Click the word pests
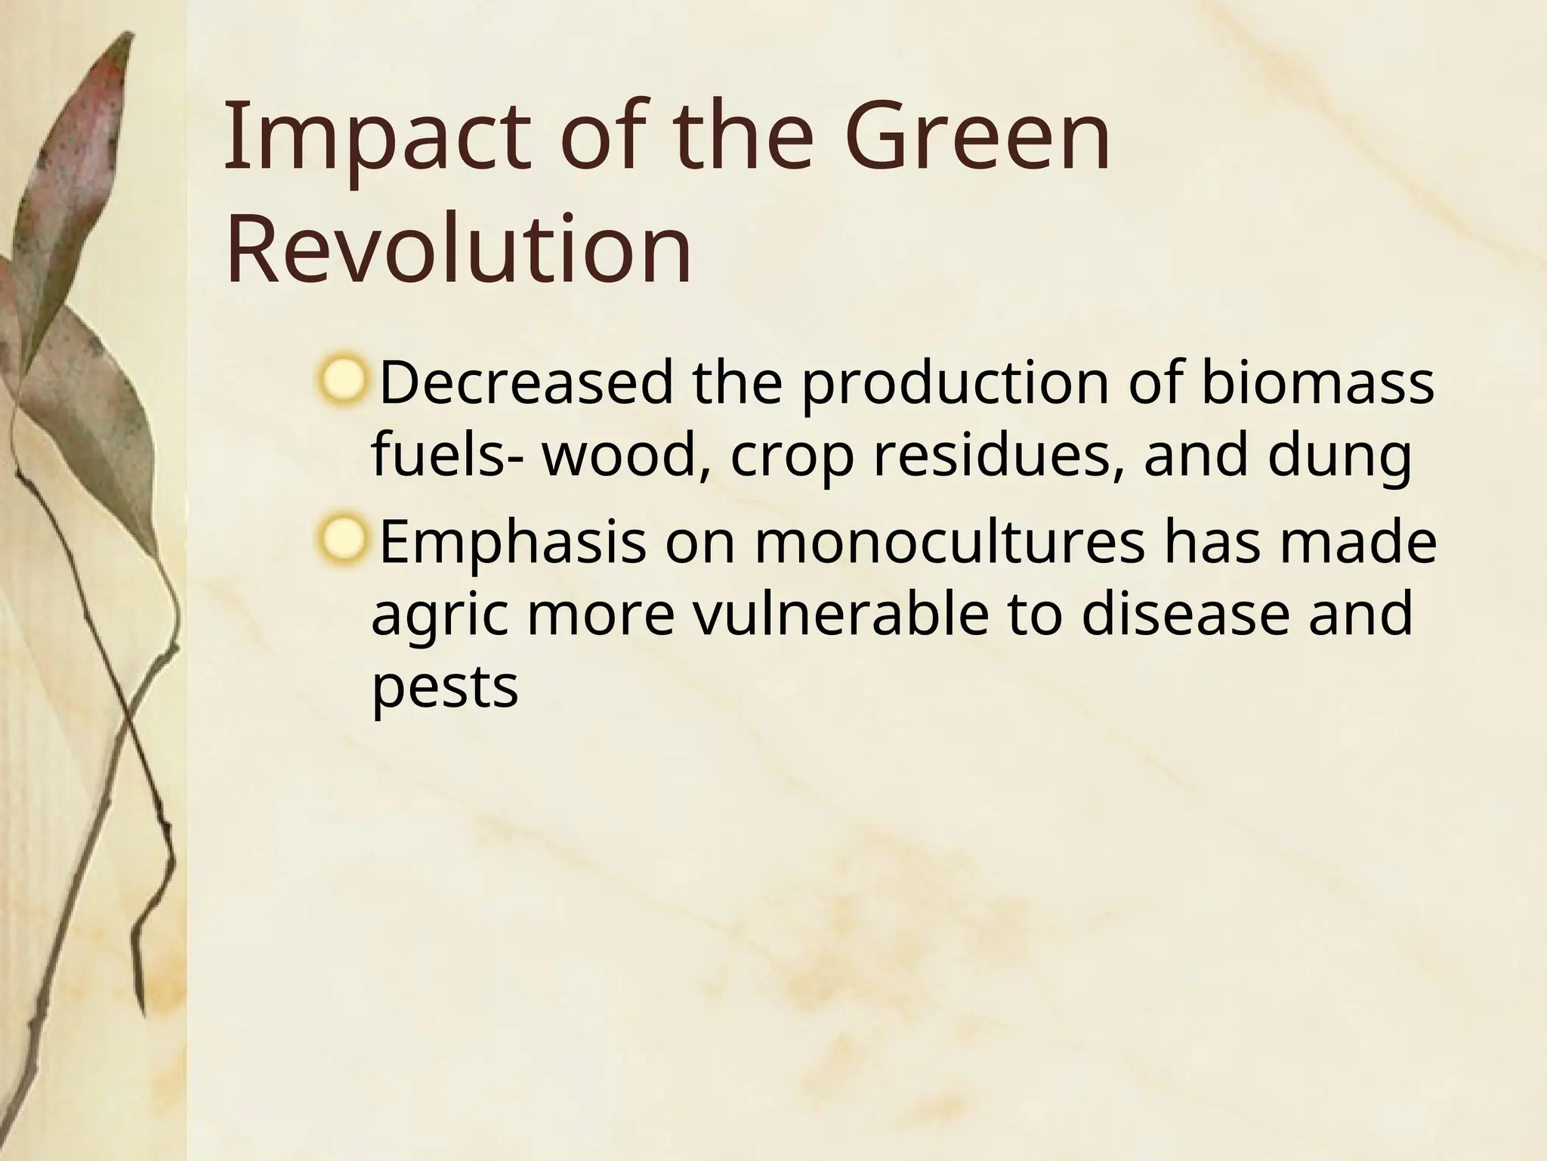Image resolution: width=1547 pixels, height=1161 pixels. pos(444,688)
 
